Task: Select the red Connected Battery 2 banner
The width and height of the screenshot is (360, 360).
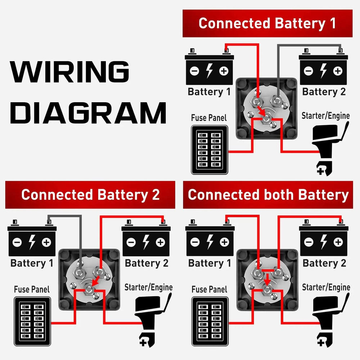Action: click(90, 195)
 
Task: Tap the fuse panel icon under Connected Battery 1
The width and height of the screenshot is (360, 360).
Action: click(210, 150)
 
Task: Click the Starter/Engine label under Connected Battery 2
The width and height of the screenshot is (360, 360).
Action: click(148, 287)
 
